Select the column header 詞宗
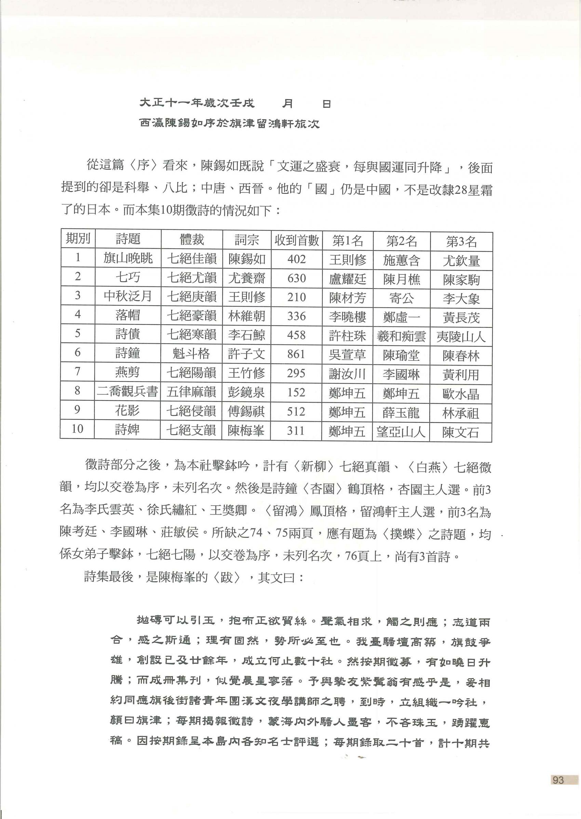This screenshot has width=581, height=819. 246,240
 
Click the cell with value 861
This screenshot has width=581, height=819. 296,354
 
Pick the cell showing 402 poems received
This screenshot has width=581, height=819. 296,259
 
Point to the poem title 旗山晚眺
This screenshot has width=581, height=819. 128,258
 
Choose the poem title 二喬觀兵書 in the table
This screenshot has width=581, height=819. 127,391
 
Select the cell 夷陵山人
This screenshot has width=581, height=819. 461,337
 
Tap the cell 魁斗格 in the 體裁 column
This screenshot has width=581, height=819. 191,353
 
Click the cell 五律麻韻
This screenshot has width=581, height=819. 191,392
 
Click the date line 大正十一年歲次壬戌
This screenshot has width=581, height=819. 197,104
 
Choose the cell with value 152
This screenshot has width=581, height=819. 296,392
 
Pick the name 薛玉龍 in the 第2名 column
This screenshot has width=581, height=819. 401,413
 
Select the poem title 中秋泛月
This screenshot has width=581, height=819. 128,296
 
